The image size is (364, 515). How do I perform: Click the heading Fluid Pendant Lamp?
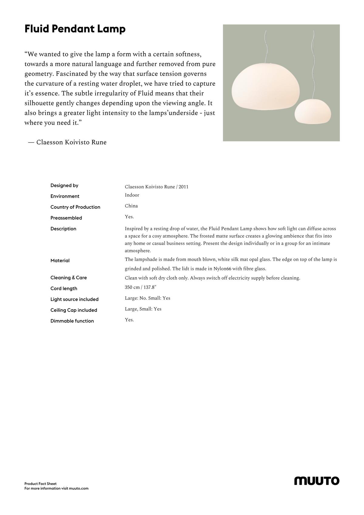(x=75, y=29)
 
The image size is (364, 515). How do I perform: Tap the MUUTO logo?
(x=317, y=481)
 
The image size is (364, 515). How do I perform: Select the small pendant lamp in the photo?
(x=313, y=112)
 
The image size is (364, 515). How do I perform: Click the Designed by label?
(x=64, y=185)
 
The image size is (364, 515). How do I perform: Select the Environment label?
(x=65, y=196)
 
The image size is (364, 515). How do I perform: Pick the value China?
(x=131, y=206)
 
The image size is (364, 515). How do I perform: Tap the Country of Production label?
(x=75, y=207)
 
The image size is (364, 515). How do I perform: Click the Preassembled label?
(x=66, y=218)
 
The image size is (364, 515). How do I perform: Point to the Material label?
(x=60, y=261)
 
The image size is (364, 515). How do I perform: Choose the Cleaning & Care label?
(x=69, y=278)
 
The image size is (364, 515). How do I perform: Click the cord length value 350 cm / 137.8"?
(x=141, y=287)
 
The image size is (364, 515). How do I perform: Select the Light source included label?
(x=74, y=299)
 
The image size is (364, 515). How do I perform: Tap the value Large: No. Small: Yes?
(x=147, y=298)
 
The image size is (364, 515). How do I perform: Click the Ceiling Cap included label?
(x=74, y=310)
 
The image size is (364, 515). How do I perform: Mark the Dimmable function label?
(x=72, y=321)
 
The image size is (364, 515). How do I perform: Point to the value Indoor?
(x=132, y=195)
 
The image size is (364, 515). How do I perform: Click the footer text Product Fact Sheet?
(x=40, y=484)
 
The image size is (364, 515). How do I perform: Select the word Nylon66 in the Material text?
(x=222, y=269)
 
